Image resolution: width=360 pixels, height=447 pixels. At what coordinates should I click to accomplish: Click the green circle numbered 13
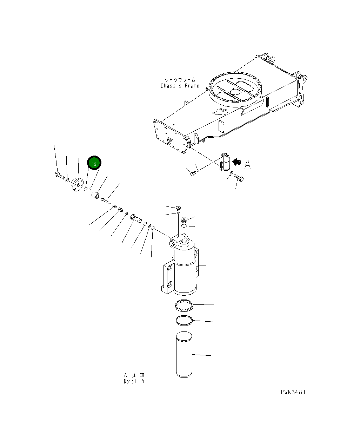[x=94, y=163]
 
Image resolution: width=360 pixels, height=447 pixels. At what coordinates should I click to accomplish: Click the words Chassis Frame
[x=180, y=86]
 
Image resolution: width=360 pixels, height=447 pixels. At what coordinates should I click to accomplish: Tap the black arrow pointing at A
[x=238, y=162]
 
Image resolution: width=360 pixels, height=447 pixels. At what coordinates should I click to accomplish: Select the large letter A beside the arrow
[x=248, y=164]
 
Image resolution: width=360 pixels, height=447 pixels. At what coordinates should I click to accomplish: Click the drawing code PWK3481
[x=293, y=392]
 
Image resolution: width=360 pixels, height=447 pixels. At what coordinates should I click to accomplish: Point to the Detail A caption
[x=134, y=381]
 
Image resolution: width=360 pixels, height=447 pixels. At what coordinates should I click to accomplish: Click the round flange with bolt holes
[x=76, y=184]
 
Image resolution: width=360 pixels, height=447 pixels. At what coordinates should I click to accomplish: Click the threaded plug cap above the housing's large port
[x=184, y=219]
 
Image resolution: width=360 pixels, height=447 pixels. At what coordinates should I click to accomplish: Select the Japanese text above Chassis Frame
[x=180, y=80]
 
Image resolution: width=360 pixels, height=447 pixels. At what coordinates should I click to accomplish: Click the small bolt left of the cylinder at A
[x=192, y=173]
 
